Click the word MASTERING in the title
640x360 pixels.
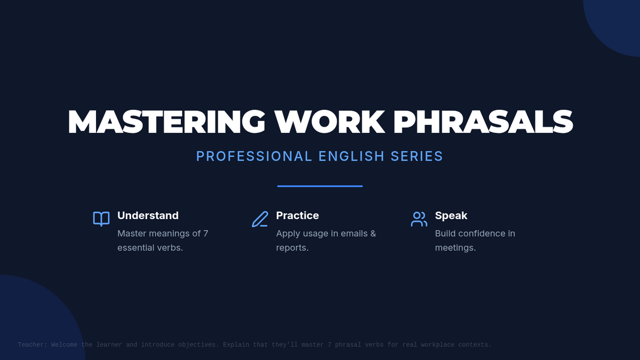click(x=166, y=122)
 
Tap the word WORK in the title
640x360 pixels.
click(x=330, y=122)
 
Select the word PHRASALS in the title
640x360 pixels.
click(x=483, y=122)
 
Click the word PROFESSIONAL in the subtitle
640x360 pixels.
click(x=254, y=156)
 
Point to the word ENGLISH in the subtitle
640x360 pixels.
click(x=351, y=156)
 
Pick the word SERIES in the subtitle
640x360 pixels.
click(x=417, y=156)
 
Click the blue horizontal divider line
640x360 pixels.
click(x=319, y=186)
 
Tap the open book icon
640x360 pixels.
click(x=101, y=219)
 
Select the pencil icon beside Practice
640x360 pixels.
click(x=260, y=219)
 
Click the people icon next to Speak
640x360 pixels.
click(x=419, y=219)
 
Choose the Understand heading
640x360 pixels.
click(x=148, y=215)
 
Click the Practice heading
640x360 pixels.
click(x=298, y=215)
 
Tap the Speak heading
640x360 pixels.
click(x=451, y=215)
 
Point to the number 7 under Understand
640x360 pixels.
click(x=206, y=234)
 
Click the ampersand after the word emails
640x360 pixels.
click(x=373, y=234)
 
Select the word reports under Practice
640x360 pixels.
click(x=291, y=248)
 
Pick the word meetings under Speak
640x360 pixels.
click(x=454, y=248)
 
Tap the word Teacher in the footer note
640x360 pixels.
click(x=31, y=345)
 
